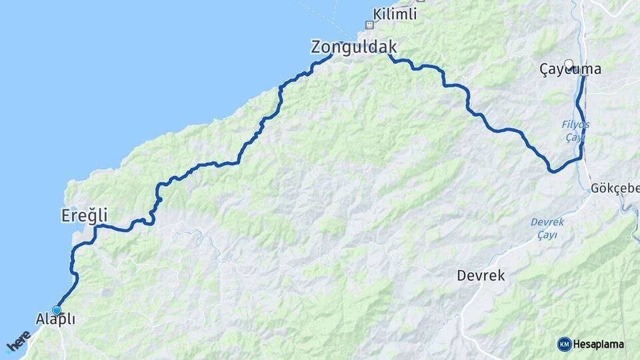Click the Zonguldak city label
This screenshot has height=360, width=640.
[354, 47]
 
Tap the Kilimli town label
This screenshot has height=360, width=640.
[395, 13]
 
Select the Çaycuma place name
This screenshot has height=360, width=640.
[571, 69]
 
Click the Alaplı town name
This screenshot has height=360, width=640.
[56, 319]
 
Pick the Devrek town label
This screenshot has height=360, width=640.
[481, 275]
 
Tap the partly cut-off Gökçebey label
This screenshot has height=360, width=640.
[614, 189]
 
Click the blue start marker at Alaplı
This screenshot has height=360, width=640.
[57, 310]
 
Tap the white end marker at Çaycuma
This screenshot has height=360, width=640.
[569, 64]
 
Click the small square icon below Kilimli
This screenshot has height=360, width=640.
[368, 25]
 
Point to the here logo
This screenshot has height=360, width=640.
[18, 341]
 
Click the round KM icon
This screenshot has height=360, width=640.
[564, 344]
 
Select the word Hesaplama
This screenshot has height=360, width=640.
[599, 344]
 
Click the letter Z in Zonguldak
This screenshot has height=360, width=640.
[316, 47]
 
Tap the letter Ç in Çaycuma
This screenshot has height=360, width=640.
[545, 69]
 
